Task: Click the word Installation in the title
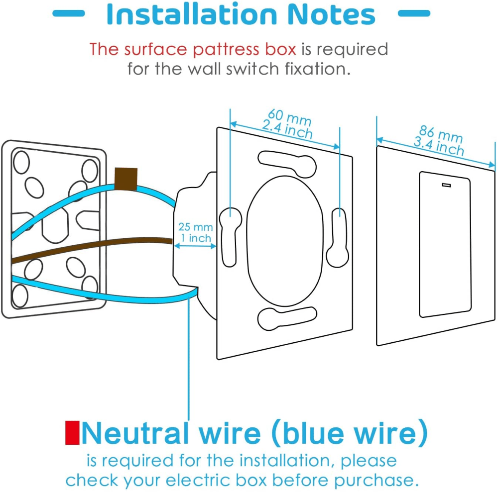[x=192, y=14]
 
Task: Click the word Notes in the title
[x=332, y=14]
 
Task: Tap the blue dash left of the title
[x=69, y=13]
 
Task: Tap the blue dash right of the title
[x=414, y=13]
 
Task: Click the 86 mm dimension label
[x=441, y=134]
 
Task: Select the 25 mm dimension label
[x=195, y=227]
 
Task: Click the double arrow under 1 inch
[x=195, y=246]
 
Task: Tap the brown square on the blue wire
[x=126, y=179]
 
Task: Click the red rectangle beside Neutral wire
[x=72, y=433]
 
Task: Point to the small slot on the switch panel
[x=446, y=185]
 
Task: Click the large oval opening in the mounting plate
[x=285, y=241]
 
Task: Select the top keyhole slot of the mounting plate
[x=287, y=163]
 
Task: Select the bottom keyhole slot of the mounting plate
[x=287, y=318]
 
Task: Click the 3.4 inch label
[x=439, y=147]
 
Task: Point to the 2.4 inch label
[x=287, y=129]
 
